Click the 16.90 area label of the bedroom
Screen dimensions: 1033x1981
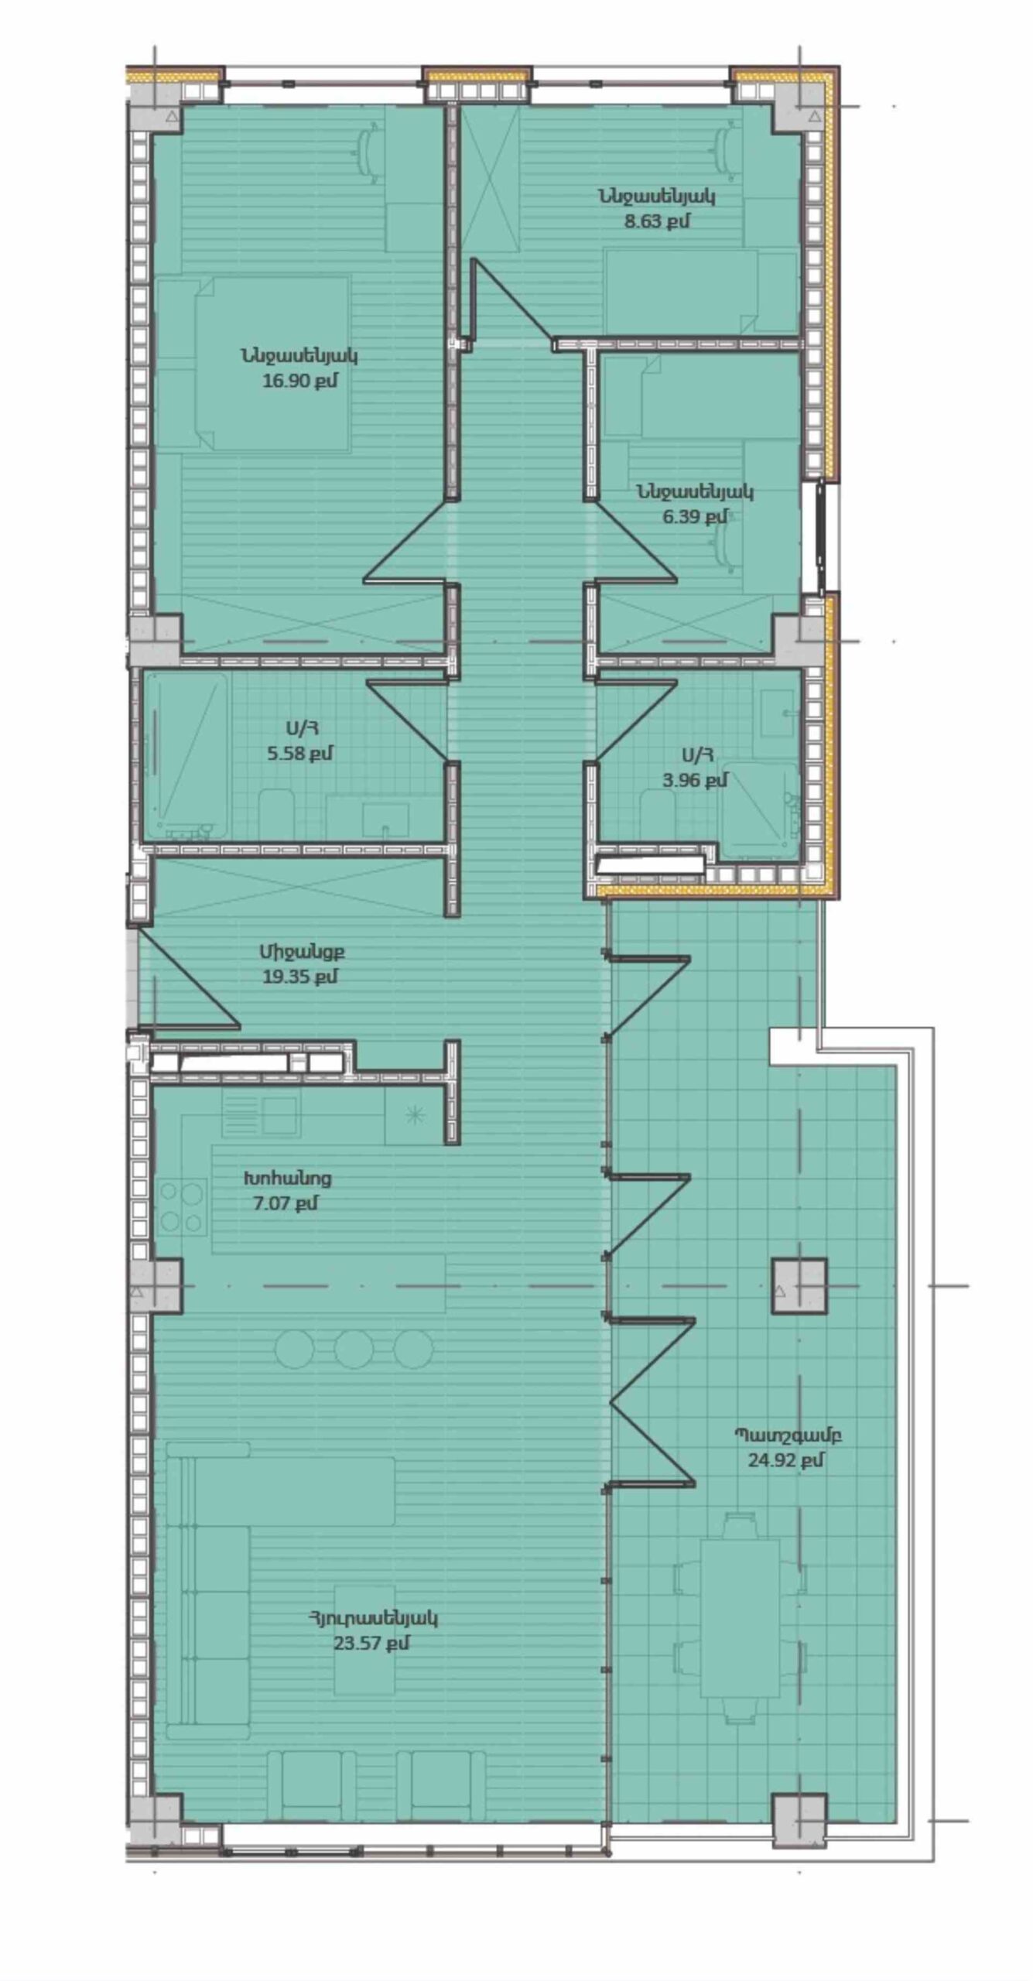299,381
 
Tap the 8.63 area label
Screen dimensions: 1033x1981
656,221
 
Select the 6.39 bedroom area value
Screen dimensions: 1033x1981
695,516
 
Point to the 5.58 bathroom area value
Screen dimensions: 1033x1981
300,753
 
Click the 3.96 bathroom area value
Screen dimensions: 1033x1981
695,779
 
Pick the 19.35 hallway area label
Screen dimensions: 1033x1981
299,977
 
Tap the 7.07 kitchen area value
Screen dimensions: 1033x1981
286,1203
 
